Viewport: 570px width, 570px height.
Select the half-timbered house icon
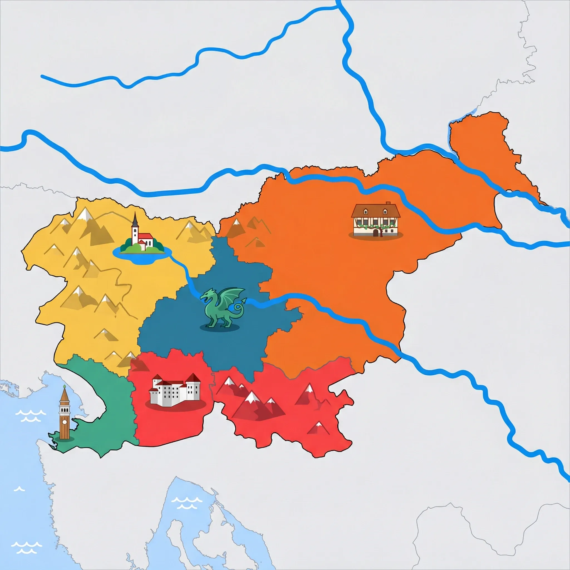pyautogui.click(x=375, y=220)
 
